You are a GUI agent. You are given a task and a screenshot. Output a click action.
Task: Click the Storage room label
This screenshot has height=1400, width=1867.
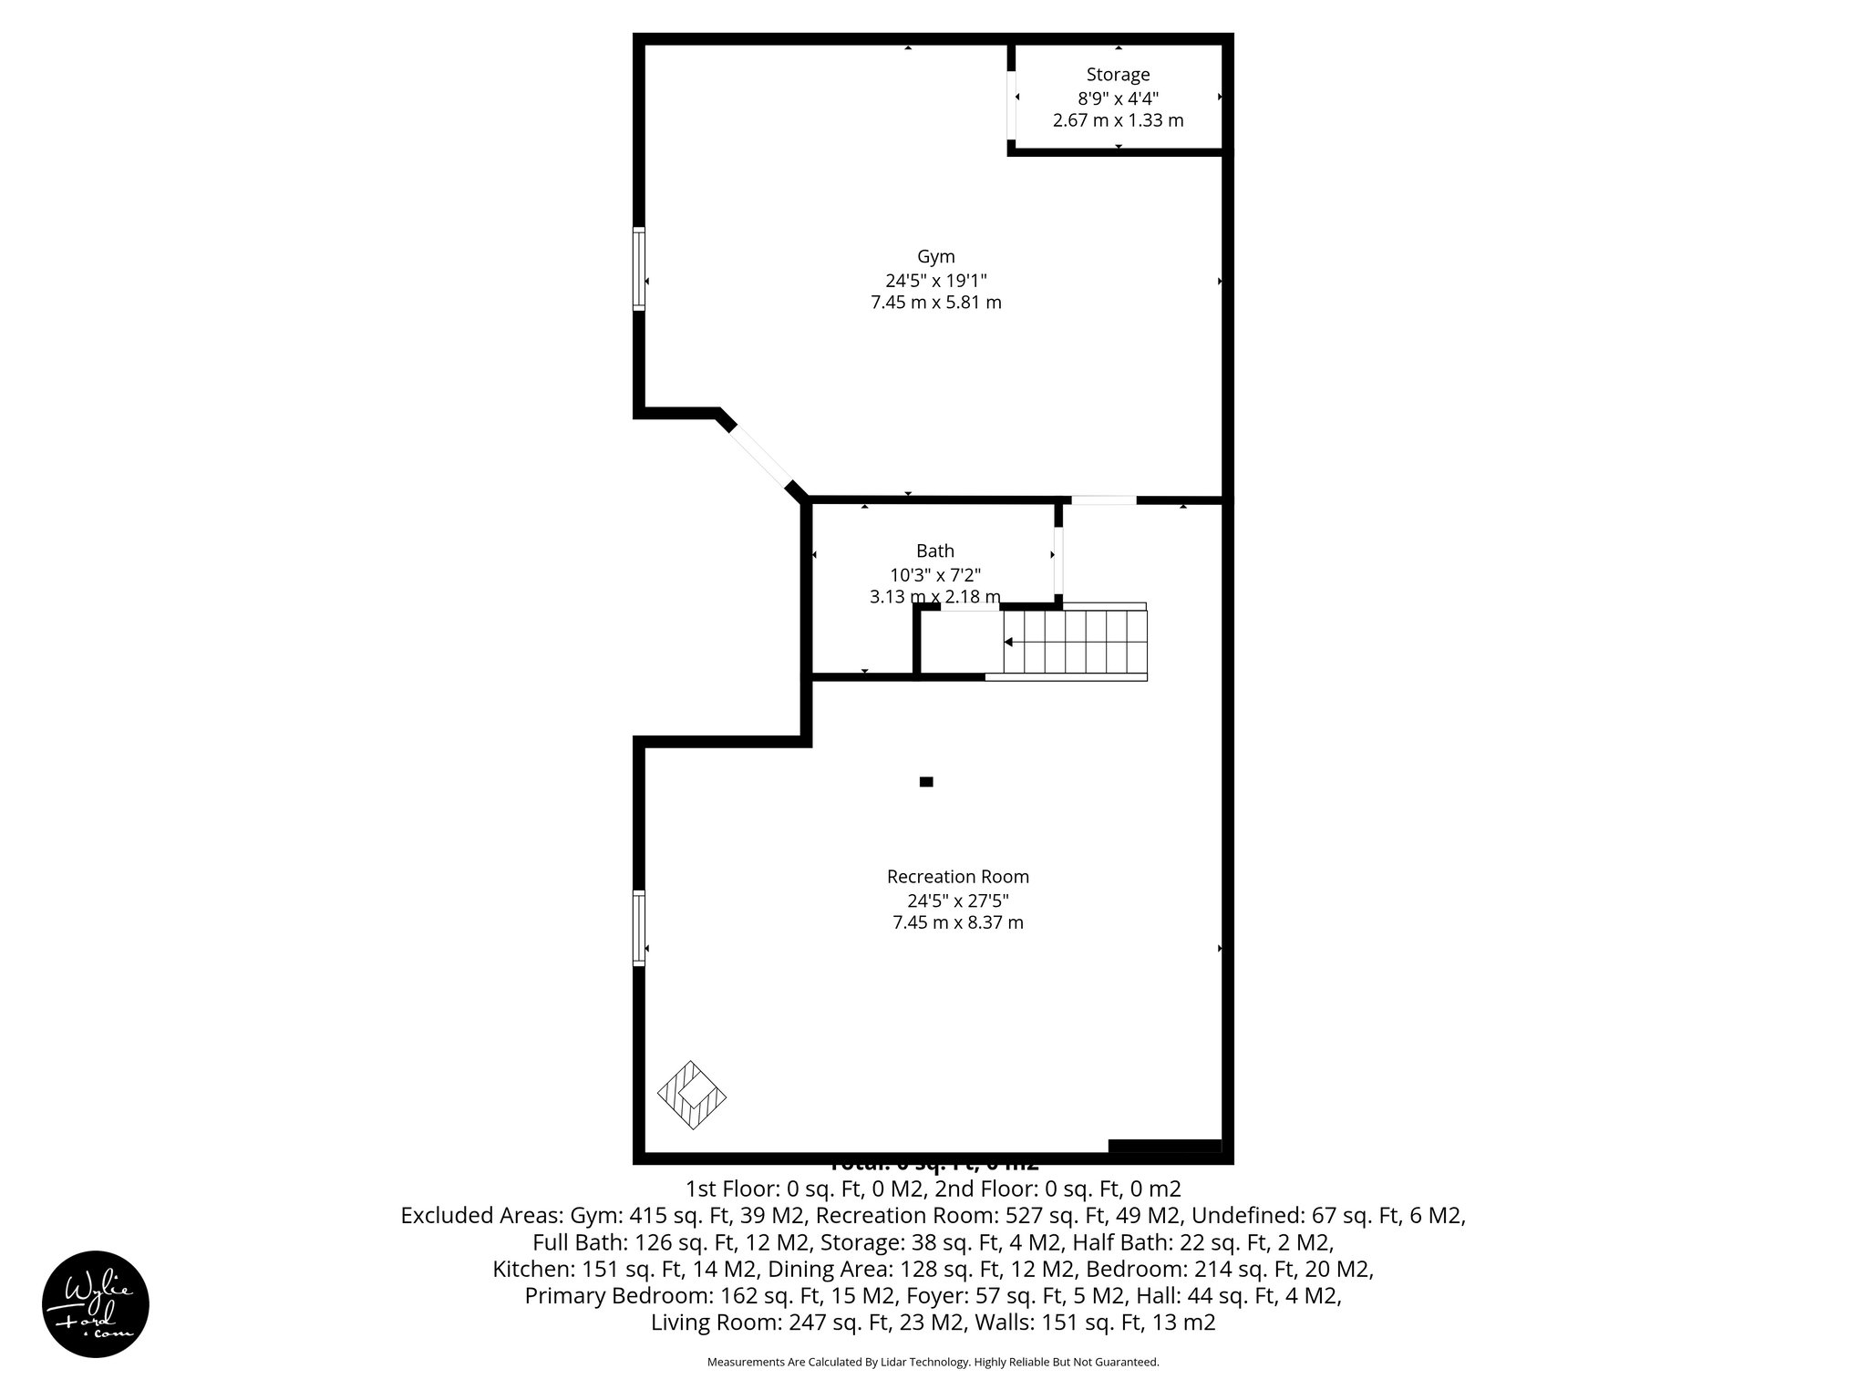[x=1118, y=75]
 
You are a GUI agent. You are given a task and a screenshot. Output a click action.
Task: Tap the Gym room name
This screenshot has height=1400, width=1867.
[x=935, y=257]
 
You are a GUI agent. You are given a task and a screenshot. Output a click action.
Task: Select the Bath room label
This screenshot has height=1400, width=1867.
[x=934, y=551]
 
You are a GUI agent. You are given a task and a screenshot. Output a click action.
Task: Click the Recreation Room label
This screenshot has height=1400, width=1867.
[x=957, y=877]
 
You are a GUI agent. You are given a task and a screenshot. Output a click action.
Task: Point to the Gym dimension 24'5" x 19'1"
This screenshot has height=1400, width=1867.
[x=935, y=280]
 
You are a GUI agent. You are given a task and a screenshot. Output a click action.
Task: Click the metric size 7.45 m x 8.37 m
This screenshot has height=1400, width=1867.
[x=957, y=922]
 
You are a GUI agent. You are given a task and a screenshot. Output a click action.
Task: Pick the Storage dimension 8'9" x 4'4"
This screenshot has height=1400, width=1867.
[x=1118, y=98]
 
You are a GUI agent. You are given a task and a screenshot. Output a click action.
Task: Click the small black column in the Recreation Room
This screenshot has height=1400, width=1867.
[x=926, y=781]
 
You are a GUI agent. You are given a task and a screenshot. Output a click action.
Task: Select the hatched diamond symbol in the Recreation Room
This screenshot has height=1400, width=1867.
[x=692, y=1096]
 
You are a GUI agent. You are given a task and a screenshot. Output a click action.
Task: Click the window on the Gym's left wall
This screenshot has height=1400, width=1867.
[x=639, y=269]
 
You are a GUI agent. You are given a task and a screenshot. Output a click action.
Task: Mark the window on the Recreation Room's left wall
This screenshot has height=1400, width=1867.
[x=639, y=927]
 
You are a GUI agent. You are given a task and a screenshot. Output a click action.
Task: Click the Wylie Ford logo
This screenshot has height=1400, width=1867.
[x=96, y=1303]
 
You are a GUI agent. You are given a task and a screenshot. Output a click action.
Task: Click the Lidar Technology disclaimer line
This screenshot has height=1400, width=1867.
[x=933, y=1362]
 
